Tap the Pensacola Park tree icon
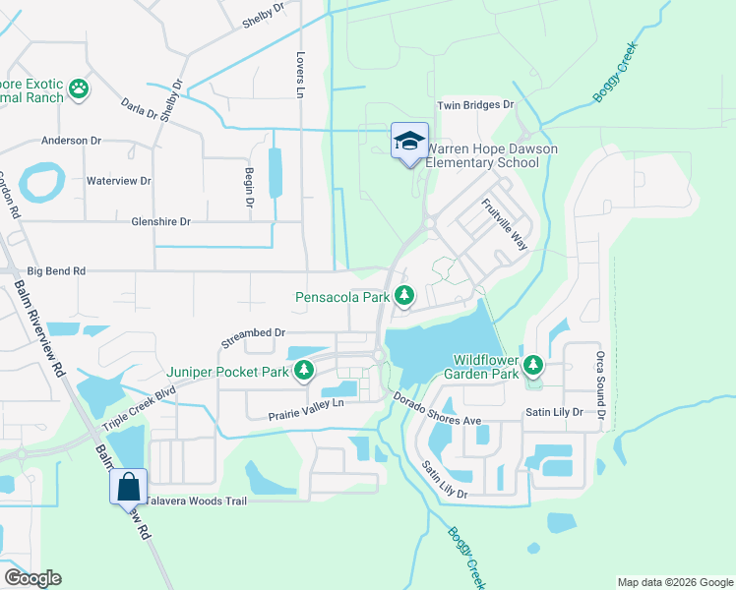pyautogui.click(x=403, y=295)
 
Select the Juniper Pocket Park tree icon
pyautogui.click(x=305, y=371)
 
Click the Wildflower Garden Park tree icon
pyautogui.click(x=533, y=366)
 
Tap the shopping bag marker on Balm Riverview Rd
pyautogui.click(x=129, y=486)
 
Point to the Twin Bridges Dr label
pyautogui.click(x=476, y=104)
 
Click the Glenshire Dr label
pyautogui.click(x=160, y=222)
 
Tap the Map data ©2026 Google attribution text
pyautogui.click(x=674, y=582)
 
